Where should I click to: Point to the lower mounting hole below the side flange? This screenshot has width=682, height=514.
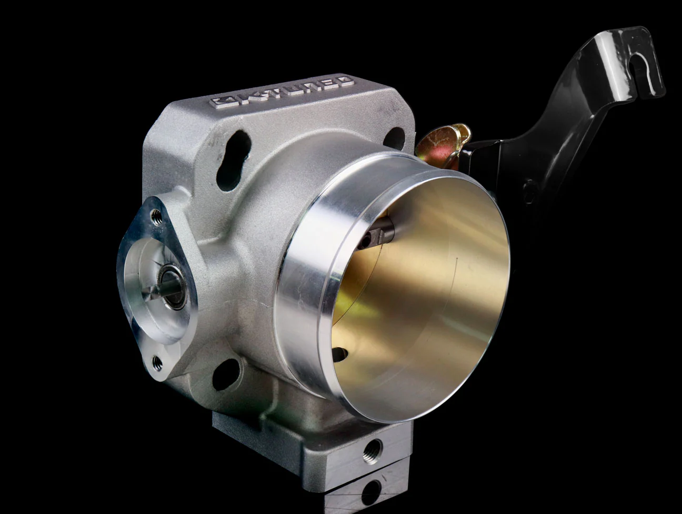pos(226,374)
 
